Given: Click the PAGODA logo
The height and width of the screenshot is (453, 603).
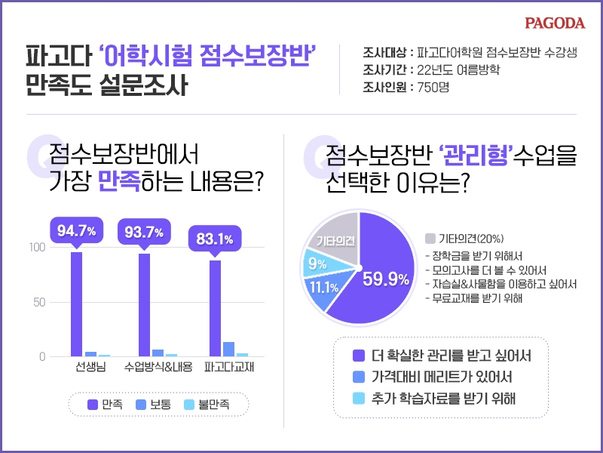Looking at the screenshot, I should click(x=555, y=23).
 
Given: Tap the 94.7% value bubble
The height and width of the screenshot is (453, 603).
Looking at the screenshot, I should click(x=76, y=232).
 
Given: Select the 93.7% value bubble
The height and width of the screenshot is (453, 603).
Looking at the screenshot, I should click(x=144, y=232).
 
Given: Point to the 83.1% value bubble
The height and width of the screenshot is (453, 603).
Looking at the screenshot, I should click(x=214, y=239).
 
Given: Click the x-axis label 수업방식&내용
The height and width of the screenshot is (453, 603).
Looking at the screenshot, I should click(x=158, y=368).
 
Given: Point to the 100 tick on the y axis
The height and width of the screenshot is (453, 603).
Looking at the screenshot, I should click(x=35, y=248).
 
